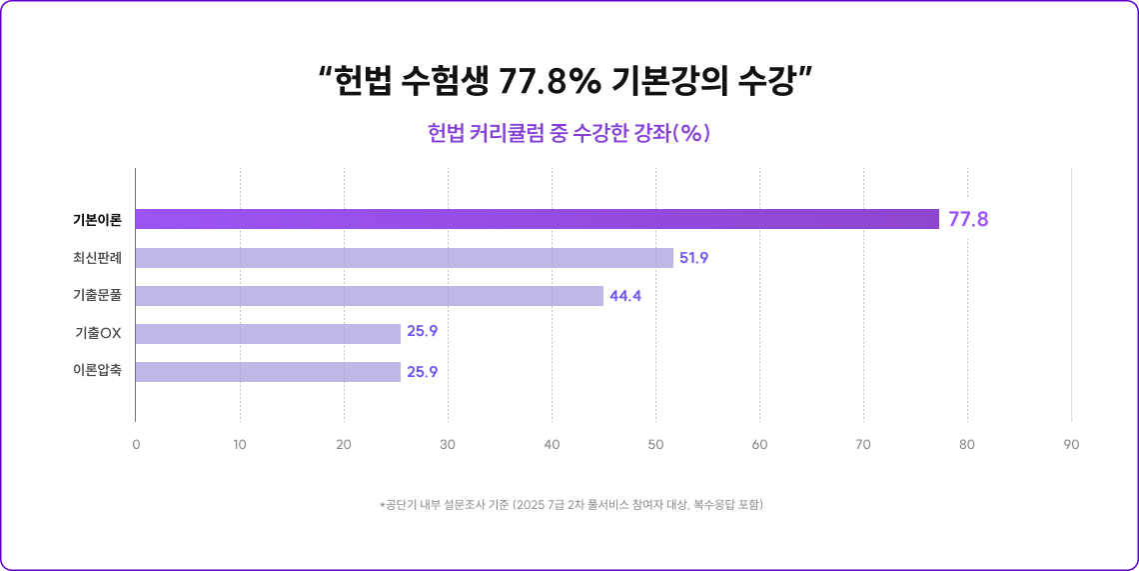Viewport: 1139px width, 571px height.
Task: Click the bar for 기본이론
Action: click(x=538, y=219)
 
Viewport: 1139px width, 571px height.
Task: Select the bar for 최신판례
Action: click(x=405, y=258)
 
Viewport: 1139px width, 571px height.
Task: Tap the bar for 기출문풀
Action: click(x=370, y=296)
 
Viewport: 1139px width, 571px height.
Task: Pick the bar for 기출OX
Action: click(x=268, y=334)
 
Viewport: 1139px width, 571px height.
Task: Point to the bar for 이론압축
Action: click(x=268, y=372)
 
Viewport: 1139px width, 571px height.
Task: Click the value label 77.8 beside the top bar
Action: click(x=968, y=220)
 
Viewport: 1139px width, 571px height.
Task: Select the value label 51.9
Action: click(x=693, y=258)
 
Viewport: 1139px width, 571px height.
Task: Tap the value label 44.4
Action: click(x=625, y=296)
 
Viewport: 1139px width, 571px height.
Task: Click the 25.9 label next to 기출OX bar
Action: click(x=422, y=333)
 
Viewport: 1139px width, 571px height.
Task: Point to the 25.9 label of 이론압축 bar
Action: click(x=422, y=372)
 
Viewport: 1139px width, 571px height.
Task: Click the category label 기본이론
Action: click(x=97, y=220)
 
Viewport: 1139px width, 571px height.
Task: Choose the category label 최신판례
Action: click(x=97, y=258)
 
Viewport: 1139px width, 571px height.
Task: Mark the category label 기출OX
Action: click(x=98, y=334)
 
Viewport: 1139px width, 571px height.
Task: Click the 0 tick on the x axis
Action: click(x=136, y=444)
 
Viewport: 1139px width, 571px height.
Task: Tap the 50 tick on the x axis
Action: click(x=655, y=444)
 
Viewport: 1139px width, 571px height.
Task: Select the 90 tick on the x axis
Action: click(x=1071, y=444)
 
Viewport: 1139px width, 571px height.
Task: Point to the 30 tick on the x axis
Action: click(x=448, y=444)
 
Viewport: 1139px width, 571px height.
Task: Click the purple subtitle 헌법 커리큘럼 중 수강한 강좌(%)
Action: click(x=569, y=133)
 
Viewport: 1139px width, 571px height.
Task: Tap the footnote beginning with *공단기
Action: click(x=570, y=505)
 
